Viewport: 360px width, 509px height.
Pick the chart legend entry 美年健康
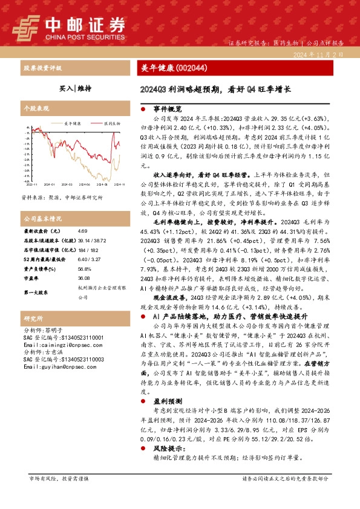click(72, 123)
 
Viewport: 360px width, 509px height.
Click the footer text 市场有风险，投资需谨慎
click(59, 479)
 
